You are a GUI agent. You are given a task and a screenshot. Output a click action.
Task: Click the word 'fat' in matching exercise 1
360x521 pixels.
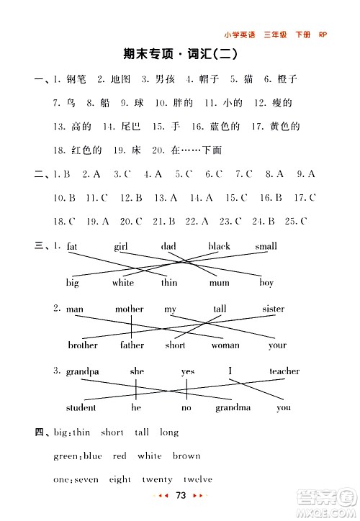(72, 246)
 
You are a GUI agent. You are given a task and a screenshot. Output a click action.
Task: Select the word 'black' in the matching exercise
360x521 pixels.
(219, 246)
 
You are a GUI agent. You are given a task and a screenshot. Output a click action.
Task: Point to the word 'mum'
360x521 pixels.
(219, 283)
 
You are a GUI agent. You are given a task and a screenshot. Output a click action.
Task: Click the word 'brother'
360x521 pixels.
(83, 345)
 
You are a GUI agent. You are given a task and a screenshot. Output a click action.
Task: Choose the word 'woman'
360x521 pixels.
(225, 345)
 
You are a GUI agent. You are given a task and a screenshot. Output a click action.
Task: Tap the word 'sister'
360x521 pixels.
(274, 309)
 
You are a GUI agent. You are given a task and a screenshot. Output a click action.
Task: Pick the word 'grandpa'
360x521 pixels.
(82, 372)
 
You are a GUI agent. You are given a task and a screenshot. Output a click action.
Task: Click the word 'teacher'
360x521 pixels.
(284, 371)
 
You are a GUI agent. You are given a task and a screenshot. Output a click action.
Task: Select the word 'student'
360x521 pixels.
(81, 407)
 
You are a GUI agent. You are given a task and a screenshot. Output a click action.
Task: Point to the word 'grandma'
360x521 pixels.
(233, 408)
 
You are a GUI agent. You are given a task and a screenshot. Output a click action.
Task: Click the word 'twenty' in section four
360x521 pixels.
(157, 479)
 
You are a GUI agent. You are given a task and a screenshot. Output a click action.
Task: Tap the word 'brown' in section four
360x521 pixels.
(186, 456)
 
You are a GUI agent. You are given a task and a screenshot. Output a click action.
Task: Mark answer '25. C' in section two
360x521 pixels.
(296, 221)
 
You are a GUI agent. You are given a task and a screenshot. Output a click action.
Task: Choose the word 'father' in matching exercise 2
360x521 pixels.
(132, 345)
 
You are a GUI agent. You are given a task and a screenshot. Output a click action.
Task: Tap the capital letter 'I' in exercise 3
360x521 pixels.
(231, 371)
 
